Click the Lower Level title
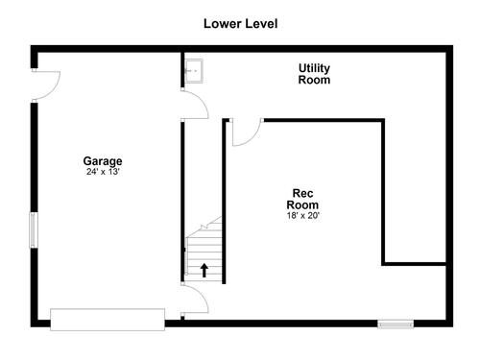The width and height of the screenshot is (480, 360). click(x=241, y=24)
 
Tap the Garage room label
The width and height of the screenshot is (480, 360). click(x=103, y=161)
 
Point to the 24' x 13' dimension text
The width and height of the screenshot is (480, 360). click(x=103, y=172)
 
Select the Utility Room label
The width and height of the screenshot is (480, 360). click(x=314, y=74)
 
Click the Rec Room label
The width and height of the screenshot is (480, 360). click(x=302, y=199)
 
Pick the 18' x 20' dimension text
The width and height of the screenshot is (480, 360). click(x=303, y=216)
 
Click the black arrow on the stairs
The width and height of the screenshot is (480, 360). click(x=204, y=270)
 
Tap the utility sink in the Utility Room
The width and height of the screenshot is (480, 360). click(x=194, y=71)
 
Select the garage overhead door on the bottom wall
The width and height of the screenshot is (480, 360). click(x=108, y=320)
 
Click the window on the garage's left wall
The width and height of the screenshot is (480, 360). click(x=34, y=229)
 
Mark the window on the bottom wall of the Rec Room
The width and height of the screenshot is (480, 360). click(x=396, y=324)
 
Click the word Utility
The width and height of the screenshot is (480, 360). click(x=314, y=68)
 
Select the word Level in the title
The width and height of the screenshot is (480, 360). click(x=261, y=24)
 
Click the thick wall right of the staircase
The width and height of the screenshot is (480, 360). click(x=224, y=201)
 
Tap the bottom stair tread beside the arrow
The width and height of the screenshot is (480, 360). click(x=204, y=277)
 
